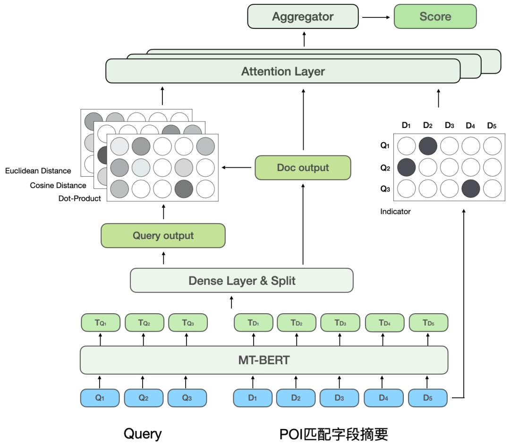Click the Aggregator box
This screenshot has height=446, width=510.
coord(303,17)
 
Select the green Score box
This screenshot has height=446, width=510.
coord(435,17)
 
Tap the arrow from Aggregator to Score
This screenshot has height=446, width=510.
coord(376,17)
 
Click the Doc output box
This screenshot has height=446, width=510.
coord(303,168)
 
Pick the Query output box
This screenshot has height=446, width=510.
coord(163,236)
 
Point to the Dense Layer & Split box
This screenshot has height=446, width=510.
coord(241,281)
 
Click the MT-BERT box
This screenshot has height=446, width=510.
coord(263,360)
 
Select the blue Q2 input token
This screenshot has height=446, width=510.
coord(144,398)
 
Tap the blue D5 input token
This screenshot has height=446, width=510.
coord(427,398)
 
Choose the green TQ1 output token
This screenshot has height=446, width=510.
coord(101,323)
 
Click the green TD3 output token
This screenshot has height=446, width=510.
coord(340,323)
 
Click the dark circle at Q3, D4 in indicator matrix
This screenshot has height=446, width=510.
coord(470,188)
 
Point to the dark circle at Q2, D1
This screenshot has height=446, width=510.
coord(407,167)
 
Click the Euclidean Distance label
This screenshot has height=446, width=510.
coord(38,171)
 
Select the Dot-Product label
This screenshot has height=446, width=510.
coord(80,198)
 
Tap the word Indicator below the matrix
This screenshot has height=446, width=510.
coord(395,212)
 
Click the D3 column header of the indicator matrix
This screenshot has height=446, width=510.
coord(449,126)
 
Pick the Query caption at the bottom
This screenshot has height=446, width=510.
coord(143,434)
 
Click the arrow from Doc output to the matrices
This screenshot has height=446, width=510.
coord(237,168)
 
